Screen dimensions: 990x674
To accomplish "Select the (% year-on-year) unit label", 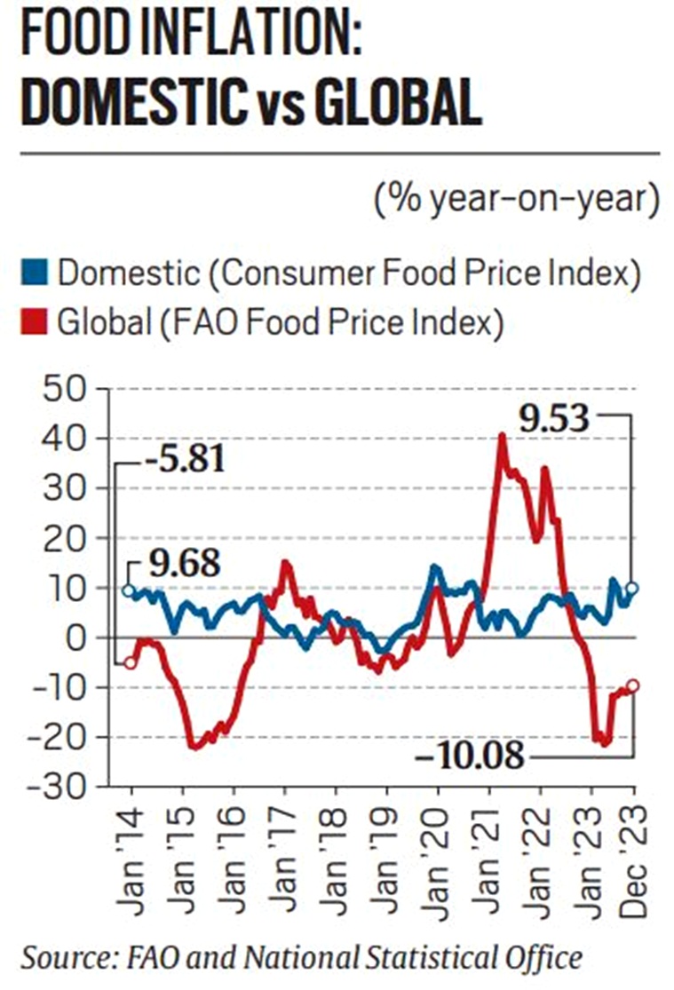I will pos(515,198).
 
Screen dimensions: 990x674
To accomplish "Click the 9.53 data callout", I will pos(554,416).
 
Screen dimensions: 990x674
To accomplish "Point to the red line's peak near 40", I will pos(502,436).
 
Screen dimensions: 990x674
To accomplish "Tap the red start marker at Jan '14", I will pos(131,661).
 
